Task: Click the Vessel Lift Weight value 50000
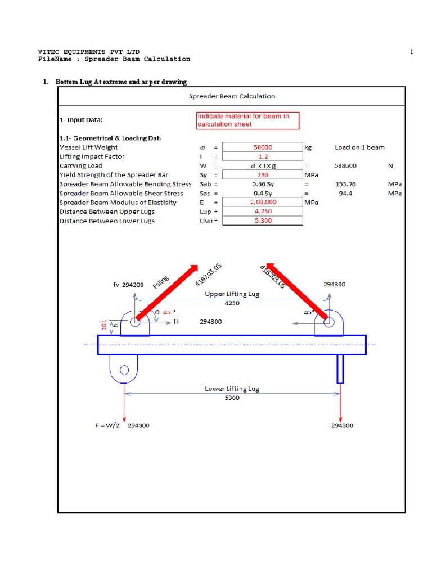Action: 263,147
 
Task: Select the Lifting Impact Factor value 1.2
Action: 263,156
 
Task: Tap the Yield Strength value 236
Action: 263,175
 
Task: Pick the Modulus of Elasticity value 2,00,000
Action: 263,202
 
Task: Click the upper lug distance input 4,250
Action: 263,211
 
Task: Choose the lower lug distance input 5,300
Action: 263,220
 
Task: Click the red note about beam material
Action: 247,120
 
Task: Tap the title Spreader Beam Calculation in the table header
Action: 231,96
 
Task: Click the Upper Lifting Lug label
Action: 232,294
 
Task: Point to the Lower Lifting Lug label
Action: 232,389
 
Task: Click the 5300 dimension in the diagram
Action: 232,398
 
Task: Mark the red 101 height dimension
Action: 103,325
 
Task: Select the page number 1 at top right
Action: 411,52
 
